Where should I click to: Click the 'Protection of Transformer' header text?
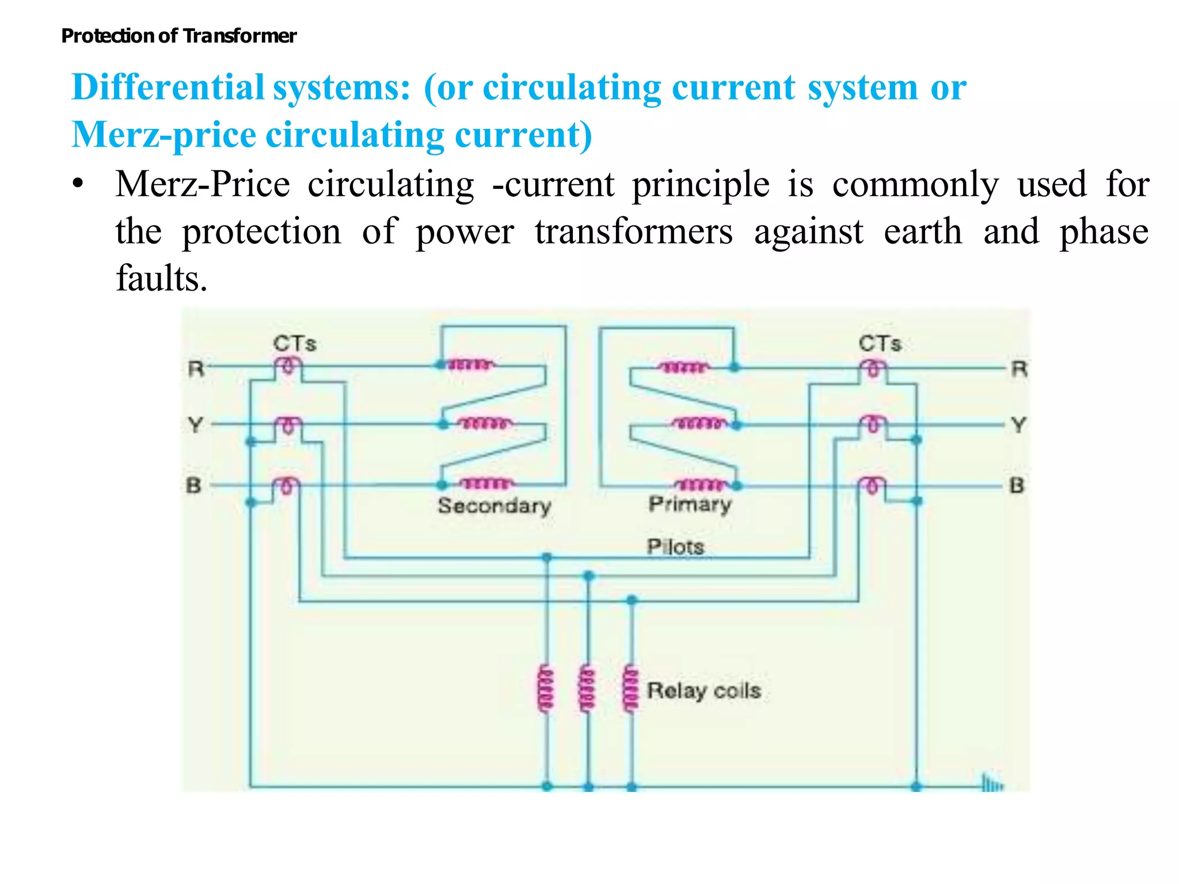[x=178, y=36]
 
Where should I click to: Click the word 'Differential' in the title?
[x=168, y=88]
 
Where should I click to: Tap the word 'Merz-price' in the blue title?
[x=163, y=135]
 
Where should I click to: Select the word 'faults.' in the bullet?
[x=161, y=279]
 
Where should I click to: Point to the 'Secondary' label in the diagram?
[x=494, y=506]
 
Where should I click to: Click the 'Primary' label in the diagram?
[x=690, y=504]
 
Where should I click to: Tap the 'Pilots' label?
[x=675, y=546]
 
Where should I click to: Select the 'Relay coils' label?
[x=703, y=690]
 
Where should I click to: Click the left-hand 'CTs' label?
[x=294, y=344]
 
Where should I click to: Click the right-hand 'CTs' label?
[x=880, y=344]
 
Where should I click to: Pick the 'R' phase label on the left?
[x=196, y=368]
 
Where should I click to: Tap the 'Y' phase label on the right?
[x=1018, y=425]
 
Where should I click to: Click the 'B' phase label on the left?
[x=194, y=485]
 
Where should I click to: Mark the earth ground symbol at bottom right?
[x=991, y=784]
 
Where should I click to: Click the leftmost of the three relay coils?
[x=545, y=689]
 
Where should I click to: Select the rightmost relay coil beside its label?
[x=631, y=689]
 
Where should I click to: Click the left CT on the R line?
[x=288, y=366]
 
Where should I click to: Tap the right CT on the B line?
[x=873, y=485]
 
